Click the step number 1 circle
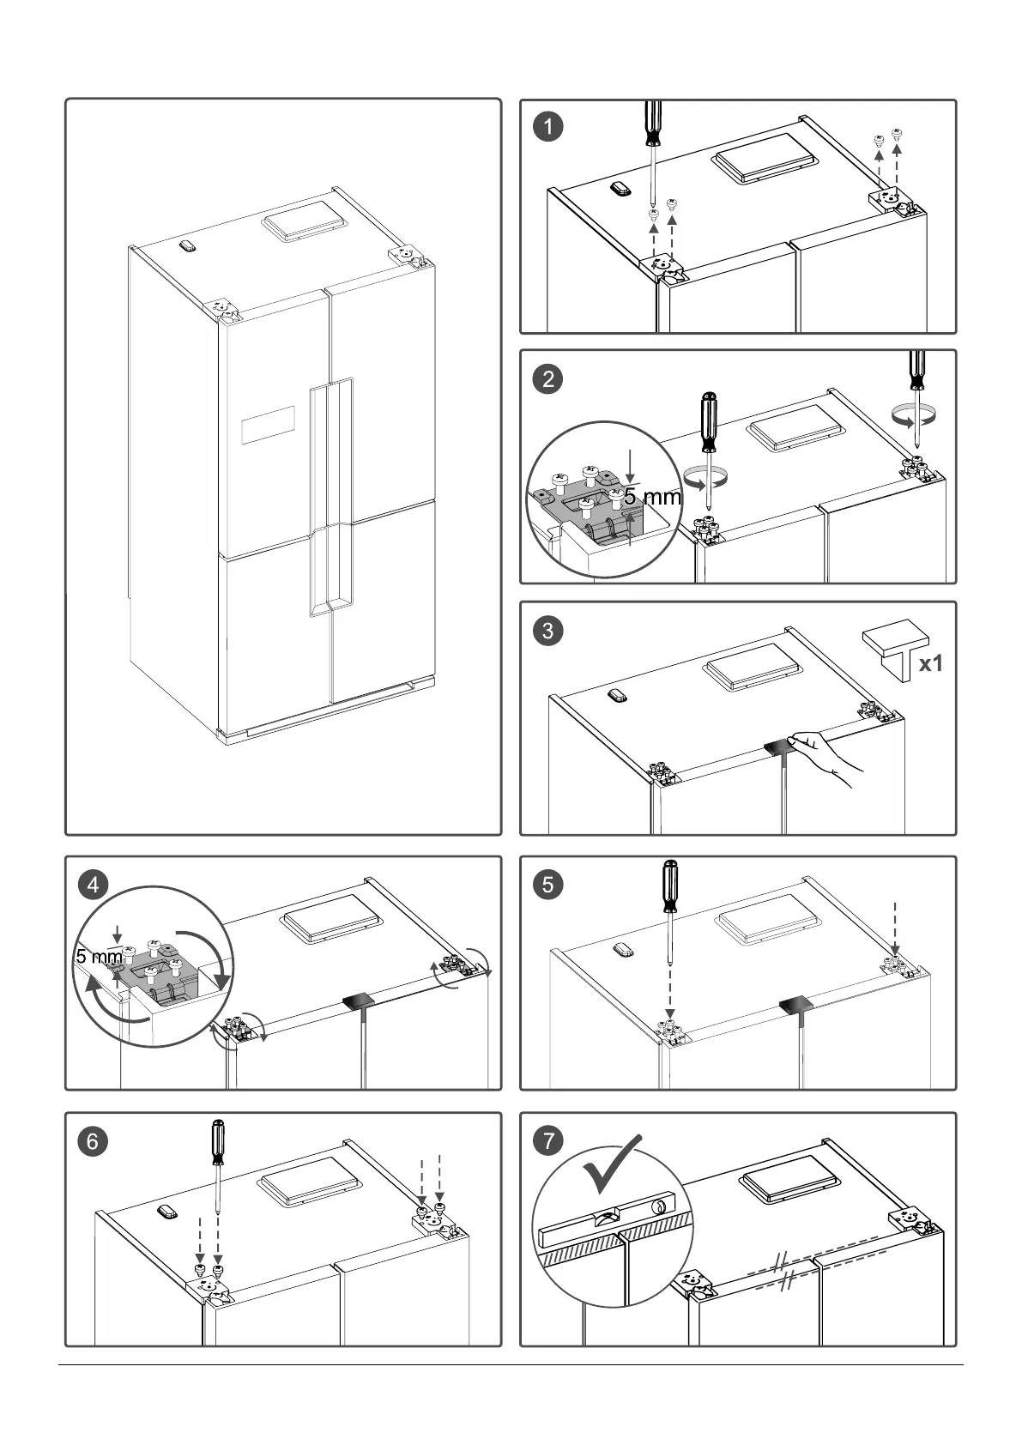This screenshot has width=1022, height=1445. (x=548, y=127)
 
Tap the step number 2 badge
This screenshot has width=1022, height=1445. (x=548, y=378)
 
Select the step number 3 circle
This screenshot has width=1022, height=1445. (x=548, y=632)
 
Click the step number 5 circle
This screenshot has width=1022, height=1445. (x=548, y=885)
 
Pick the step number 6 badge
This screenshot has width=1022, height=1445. (x=94, y=1141)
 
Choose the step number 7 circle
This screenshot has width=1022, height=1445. (x=548, y=1141)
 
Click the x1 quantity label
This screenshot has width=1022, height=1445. (x=930, y=663)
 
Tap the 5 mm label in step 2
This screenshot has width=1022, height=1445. (x=652, y=497)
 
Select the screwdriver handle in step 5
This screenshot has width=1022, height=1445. (x=669, y=887)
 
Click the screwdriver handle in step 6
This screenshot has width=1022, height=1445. (x=219, y=1142)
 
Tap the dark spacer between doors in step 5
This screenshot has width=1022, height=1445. (x=797, y=1007)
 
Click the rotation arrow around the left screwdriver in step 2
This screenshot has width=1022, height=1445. (x=706, y=479)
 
